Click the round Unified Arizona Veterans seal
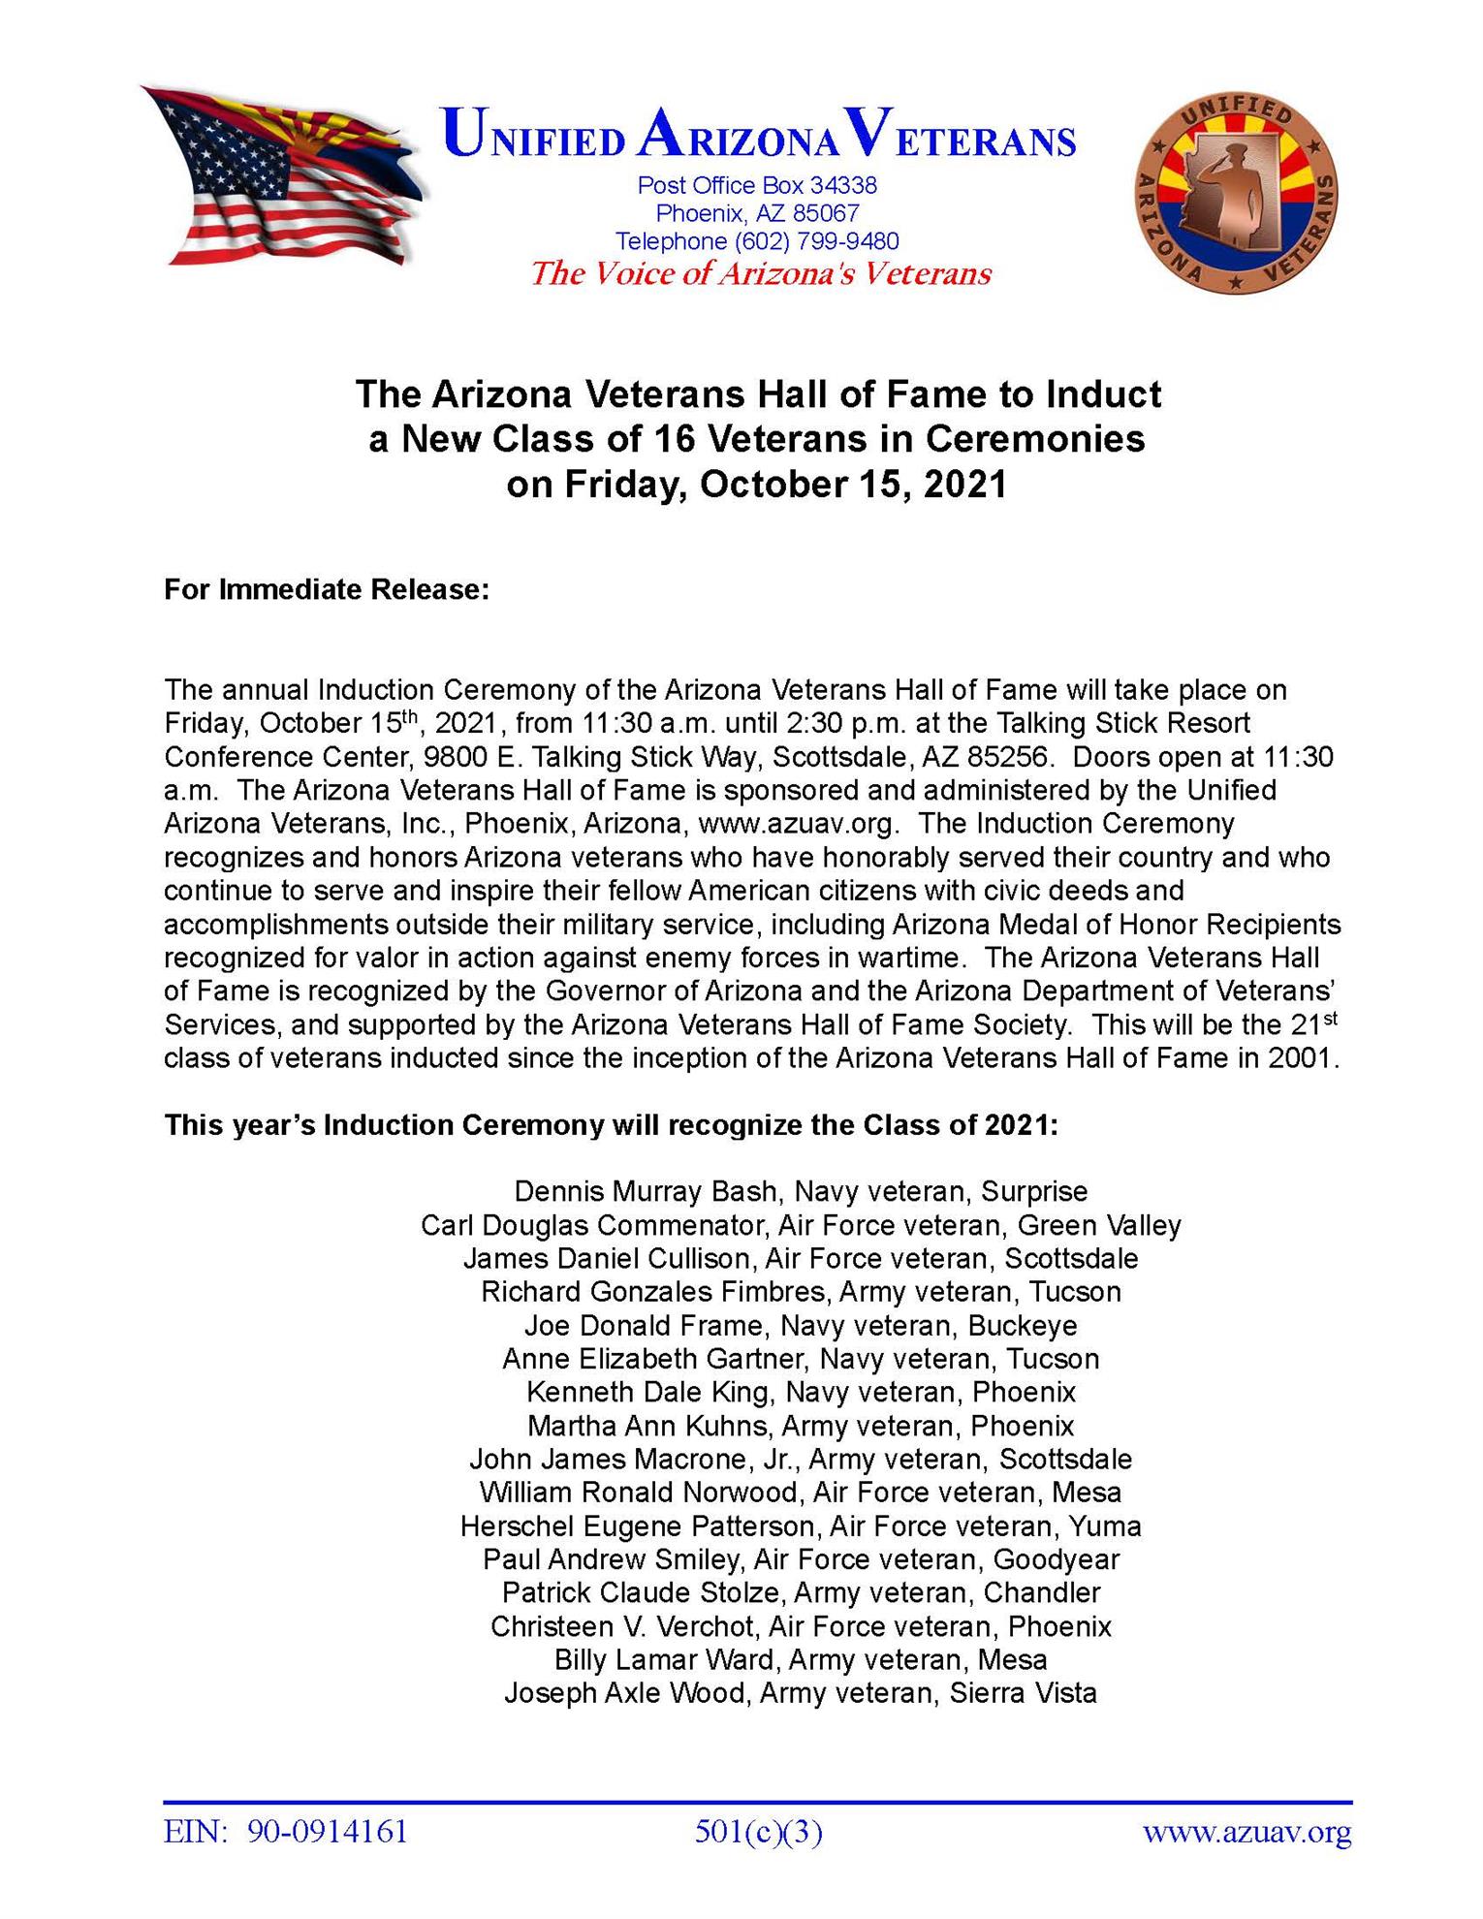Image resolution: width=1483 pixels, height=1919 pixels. (x=1235, y=190)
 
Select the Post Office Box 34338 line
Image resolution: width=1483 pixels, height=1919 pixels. (x=757, y=185)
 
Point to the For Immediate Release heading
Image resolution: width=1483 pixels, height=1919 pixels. (x=327, y=589)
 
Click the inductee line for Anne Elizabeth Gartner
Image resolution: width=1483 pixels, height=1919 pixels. (x=801, y=1359)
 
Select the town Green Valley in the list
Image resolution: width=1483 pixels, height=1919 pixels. (x=1099, y=1226)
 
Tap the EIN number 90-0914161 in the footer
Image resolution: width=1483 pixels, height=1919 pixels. (x=328, y=1832)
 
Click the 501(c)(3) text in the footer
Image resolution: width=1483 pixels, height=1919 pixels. (x=758, y=1832)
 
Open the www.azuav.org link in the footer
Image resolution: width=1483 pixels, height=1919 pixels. (x=1246, y=1833)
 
